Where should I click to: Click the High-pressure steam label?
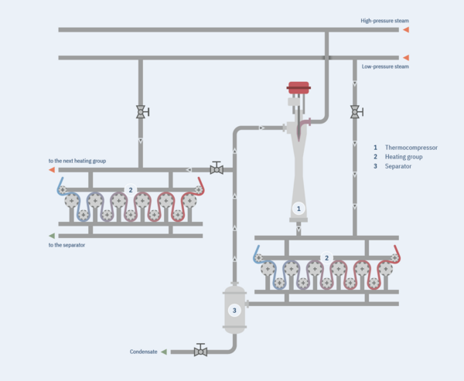tap(384, 21)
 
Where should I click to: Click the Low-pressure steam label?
tap(385, 66)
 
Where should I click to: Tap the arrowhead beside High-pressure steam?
tap(404, 30)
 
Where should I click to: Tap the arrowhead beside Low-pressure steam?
tap(404, 57)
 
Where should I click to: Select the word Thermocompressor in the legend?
tap(411, 147)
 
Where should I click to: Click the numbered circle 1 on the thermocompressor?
tap(299, 208)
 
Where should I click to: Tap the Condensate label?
tap(143, 352)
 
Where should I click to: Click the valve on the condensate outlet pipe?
tap(200, 351)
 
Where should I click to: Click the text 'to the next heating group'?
tap(77, 161)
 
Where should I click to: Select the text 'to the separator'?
tap(67, 244)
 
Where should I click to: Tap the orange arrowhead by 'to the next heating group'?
tap(52, 169)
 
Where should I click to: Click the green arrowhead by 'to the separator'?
tap(52, 236)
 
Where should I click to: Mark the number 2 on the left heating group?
tap(131, 189)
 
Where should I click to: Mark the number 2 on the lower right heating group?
tap(326, 257)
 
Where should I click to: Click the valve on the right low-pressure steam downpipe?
tap(355, 113)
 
